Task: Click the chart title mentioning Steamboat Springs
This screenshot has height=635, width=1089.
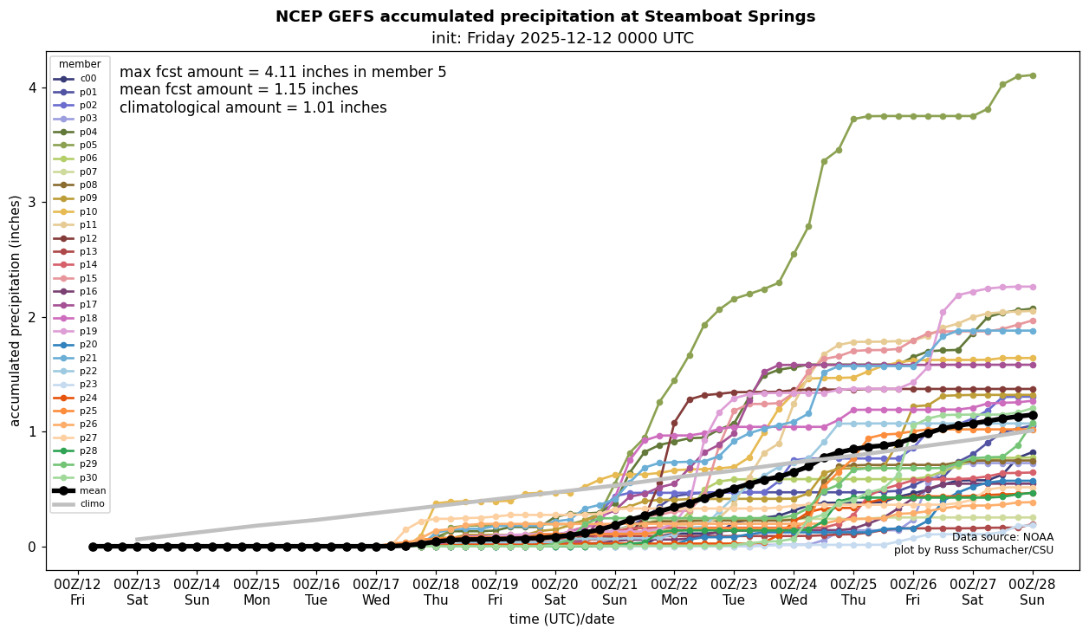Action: (x=545, y=16)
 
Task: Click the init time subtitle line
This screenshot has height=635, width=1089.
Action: (x=562, y=38)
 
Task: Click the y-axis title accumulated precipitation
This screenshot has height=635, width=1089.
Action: (x=16, y=310)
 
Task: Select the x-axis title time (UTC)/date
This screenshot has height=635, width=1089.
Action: (x=562, y=619)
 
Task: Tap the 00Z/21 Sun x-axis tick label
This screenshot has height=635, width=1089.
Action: (x=614, y=591)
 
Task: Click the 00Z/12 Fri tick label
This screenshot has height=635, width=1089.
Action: (x=78, y=591)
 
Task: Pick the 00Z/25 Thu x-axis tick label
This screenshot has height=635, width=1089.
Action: (x=853, y=591)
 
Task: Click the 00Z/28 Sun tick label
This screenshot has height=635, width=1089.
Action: (x=1033, y=591)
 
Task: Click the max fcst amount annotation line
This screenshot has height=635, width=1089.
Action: (x=282, y=72)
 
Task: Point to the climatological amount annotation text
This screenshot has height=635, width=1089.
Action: (x=253, y=108)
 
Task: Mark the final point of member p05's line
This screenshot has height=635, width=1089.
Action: (x=1033, y=75)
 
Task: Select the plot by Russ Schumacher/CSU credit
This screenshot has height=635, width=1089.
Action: (x=974, y=550)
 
